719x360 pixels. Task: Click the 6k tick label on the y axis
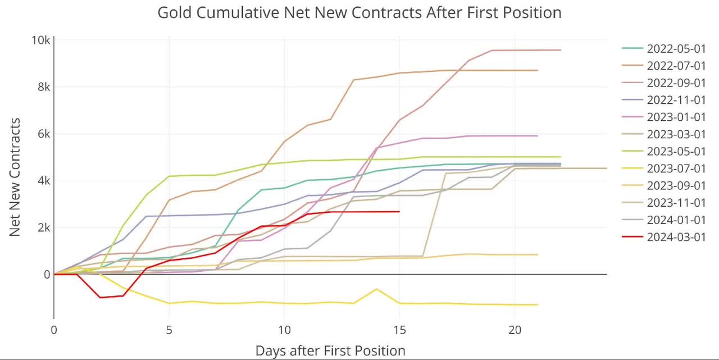tap(43, 134)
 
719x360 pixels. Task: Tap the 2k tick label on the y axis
tap(43, 227)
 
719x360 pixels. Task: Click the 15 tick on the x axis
tap(399, 331)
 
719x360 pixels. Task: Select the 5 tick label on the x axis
tap(169, 331)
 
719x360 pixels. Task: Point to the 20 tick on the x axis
tap(515, 331)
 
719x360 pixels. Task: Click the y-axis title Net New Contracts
tap(15, 176)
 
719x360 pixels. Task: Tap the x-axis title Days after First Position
tap(330, 351)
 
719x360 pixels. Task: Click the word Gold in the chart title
tap(171, 12)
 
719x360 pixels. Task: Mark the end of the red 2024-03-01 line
tap(399, 212)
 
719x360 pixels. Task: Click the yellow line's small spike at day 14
tap(376, 289)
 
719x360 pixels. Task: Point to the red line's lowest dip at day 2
tap(100, 297)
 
